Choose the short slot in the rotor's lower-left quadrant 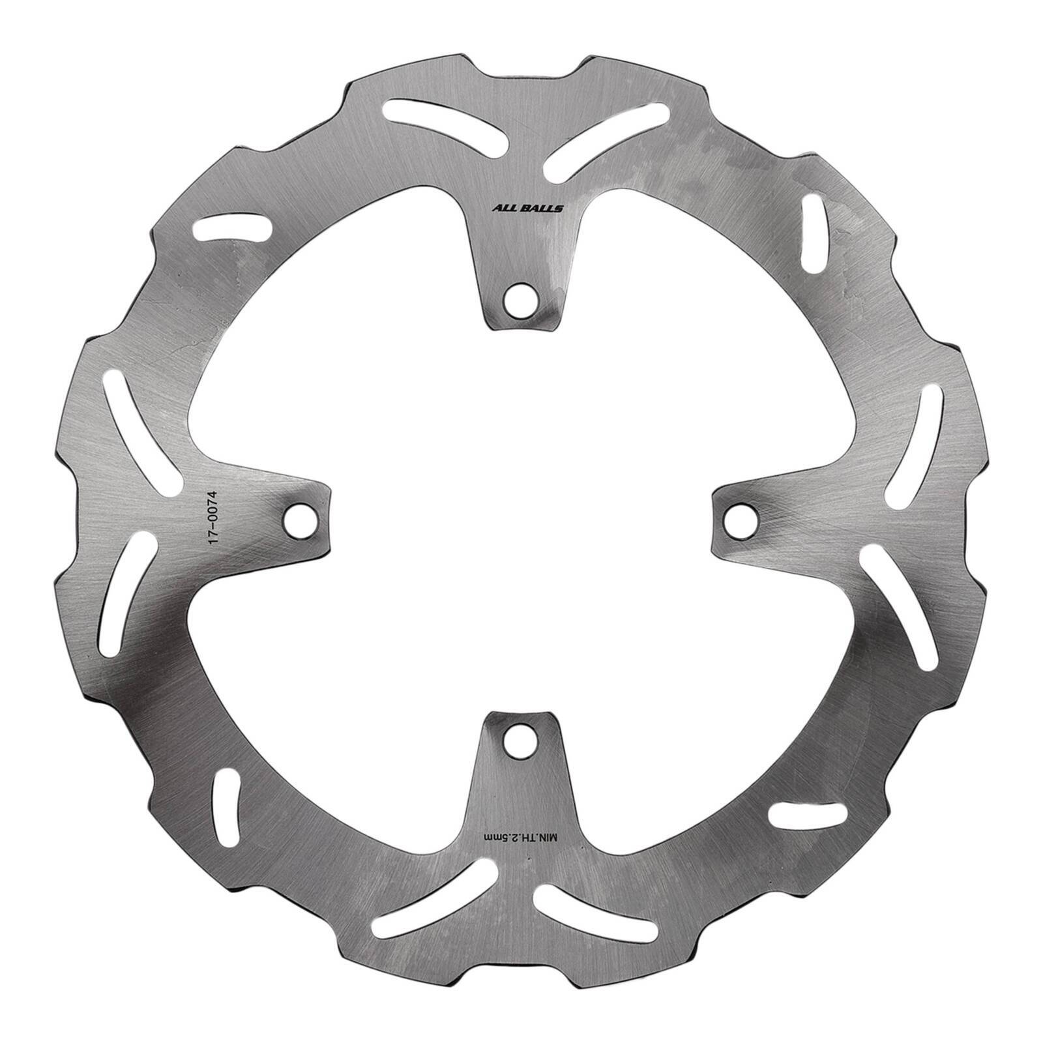pyautogui.click(x=227, y=805)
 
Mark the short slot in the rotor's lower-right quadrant pyautogui.click(x=805, y=813)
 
